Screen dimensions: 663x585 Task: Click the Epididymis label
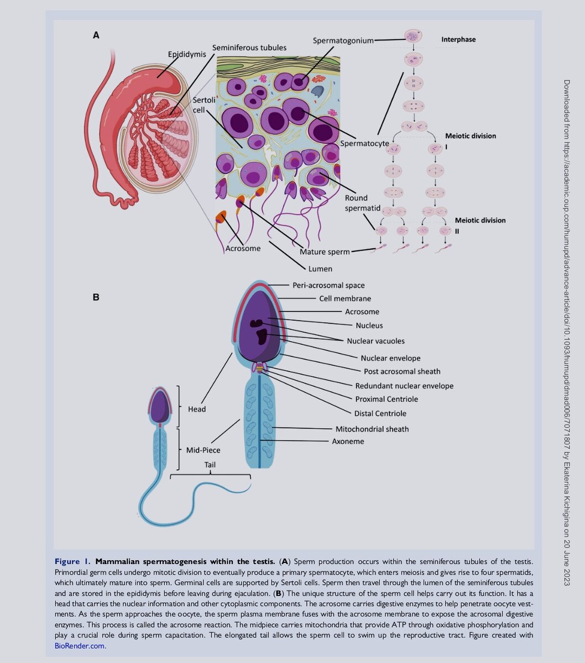[x=187, y=54]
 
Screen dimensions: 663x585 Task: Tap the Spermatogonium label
[x=343, y=40]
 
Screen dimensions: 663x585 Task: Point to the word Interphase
[x=458, y=40]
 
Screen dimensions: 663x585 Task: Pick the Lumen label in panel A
[x=320, y=269]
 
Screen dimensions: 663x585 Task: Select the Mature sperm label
[x=325, y=252]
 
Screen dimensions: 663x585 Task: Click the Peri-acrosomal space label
[x=328, y=286]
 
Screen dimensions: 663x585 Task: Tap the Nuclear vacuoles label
[x=375, y=341]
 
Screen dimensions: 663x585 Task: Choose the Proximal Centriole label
[x=386, y=399]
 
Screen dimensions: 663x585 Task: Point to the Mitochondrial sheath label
[x=372, y=429]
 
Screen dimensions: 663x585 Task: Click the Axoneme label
[x=348, y=441]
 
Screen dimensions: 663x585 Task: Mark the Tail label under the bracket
[x=210, y=465]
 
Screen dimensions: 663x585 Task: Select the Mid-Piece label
[x=203, y=450]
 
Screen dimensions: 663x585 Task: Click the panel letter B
[x=96, y=297]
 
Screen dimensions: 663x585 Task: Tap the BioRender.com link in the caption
[x=80, y=645]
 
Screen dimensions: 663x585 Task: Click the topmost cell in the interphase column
[x=412, y=37]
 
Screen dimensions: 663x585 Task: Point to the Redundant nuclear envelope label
[x=404, y=386]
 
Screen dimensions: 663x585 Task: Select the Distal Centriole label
[x=380, y=413]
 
